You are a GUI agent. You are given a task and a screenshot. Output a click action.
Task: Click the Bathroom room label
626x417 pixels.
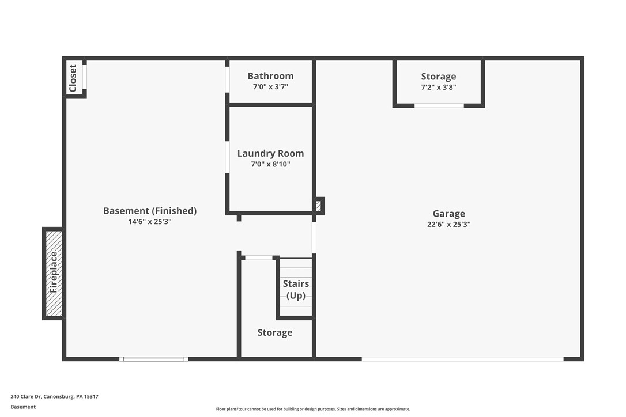click(x=270, y=76)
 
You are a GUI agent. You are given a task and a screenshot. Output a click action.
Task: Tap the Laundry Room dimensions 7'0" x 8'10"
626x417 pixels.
click(x=270, y=164)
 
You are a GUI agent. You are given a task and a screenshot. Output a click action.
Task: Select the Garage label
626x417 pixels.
click(x=448, y=214)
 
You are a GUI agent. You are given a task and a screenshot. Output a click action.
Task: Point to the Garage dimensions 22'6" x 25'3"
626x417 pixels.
click(x=448, y=225)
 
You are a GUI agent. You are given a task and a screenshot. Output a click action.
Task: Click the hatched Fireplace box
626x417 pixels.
click(x=54, y=273)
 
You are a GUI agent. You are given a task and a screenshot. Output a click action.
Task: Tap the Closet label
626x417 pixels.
click(x=73, y=78)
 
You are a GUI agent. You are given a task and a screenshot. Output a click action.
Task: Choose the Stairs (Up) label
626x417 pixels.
click(x=296, y=290)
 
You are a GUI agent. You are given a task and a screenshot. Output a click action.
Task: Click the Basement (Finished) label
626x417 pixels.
click(x=150, y=211)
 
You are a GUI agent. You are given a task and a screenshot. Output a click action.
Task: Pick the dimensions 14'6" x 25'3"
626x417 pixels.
click(x=150, y=221)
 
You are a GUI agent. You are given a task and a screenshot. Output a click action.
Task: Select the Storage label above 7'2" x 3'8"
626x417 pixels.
click(x=438, y=77)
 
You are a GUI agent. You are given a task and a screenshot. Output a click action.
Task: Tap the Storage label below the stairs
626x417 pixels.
click(x=274, y=332)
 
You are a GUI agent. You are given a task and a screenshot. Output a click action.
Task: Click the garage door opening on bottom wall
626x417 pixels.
click(x=462, y=359)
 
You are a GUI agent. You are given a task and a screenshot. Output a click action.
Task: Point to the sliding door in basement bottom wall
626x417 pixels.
click(x=154, y=359)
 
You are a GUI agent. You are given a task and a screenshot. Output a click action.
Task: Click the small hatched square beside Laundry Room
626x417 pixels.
click(x=318, y=206)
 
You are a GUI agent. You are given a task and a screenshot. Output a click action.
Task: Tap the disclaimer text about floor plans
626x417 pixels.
click(x=313, y=409)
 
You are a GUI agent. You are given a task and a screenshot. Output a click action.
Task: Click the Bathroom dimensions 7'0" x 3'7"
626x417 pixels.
click(x=270, y=87)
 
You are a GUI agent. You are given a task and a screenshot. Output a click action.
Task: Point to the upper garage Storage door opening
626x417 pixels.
click(x=439, y=105)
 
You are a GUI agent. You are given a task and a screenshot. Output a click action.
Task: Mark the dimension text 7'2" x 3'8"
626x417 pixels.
click(x=438, y=88)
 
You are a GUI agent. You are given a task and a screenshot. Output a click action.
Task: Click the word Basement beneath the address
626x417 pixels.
click(x=23, y=407)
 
